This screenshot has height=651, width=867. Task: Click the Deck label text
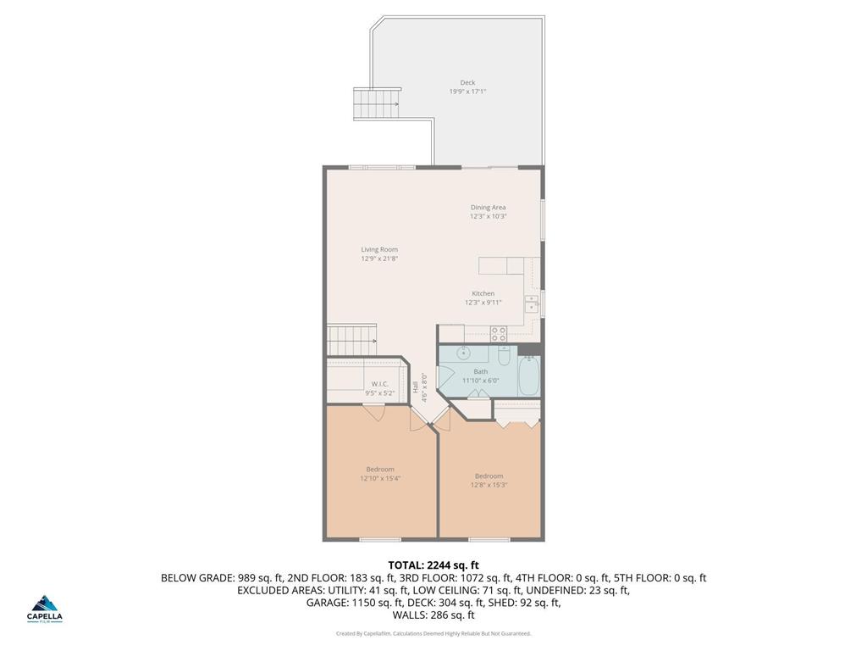point(467,82)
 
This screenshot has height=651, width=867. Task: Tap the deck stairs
point(376,104)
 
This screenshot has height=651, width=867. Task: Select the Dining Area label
point(488,207)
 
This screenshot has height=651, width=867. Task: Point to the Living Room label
point(379,249)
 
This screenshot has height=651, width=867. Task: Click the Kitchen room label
point(483,293)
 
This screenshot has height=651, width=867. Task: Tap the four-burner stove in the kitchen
point(499,333)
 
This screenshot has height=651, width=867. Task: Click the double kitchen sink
point(531,303)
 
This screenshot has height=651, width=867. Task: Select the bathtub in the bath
point(529,376)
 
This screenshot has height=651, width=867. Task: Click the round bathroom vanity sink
point(463,353)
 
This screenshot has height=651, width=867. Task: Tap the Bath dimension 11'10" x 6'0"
point(481,381)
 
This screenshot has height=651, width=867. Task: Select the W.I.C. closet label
point(379,384)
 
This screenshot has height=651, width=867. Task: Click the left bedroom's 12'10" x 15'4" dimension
point(380,478)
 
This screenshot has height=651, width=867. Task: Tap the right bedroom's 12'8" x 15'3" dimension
point(489,485)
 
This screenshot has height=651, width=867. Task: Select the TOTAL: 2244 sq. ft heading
point(433,565)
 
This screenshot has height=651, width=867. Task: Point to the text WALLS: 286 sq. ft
point(433,615)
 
